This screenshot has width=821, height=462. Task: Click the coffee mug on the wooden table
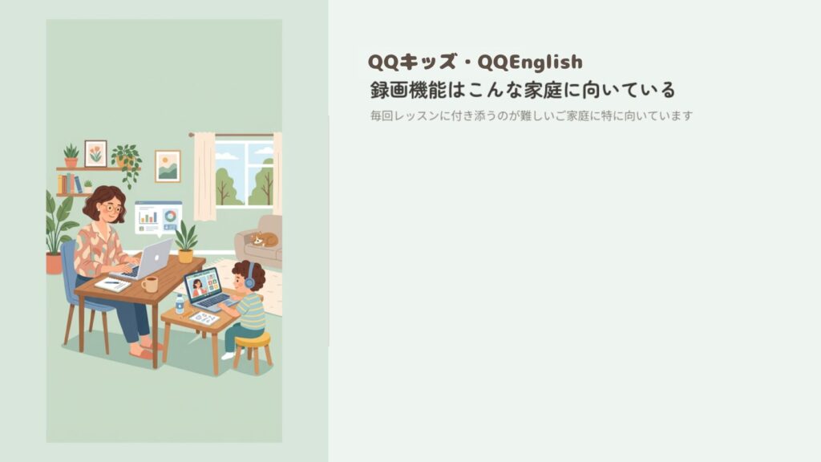pyautogui.click(x=150, y=284)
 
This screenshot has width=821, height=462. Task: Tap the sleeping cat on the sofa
pyautogui.click(x=264, y=239)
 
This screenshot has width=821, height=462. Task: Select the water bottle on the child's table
pyautogui.click(x=180, y=303)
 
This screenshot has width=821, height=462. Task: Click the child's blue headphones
pyautogui.click(x=249, y=276)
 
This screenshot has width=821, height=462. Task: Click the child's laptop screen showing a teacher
pyautogui.click(x=202, y=285)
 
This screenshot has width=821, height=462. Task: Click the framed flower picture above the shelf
pyautogui.click(x=95, y=152)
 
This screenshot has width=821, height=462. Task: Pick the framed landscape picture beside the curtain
pyautogui.click(x=168, y=166)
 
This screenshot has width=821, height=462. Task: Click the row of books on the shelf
pyautogui.click(x=70, y=184)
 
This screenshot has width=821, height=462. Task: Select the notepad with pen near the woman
pyautogui.click(x=111, y=283)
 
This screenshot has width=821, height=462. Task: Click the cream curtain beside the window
pyautogui.click(x=204, y=176)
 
